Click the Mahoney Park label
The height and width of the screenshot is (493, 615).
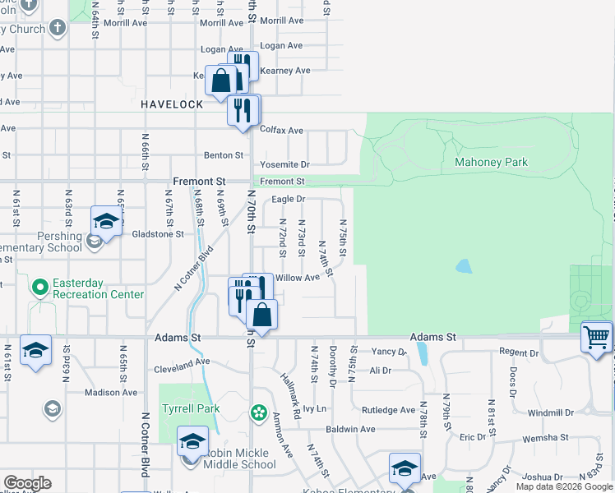[x=491, y=163]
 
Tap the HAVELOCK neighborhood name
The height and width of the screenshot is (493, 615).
[x=171, y=105]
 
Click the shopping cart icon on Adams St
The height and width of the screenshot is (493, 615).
[x=596, y=336]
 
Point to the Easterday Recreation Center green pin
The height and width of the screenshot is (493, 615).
[x=39, y=288]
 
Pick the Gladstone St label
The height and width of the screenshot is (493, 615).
[x=158, y=234]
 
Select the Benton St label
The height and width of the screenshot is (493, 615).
[x=224, y=154]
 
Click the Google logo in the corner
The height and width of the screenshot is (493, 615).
[x=27, y=483]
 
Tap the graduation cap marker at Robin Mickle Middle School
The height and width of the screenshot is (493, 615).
[x=192, y=442]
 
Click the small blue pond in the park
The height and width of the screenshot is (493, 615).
[x=464, y=266]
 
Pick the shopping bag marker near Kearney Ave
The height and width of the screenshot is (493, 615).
[x=221, y=81]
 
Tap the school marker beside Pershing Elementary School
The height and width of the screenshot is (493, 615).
[x=105, y=220]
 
